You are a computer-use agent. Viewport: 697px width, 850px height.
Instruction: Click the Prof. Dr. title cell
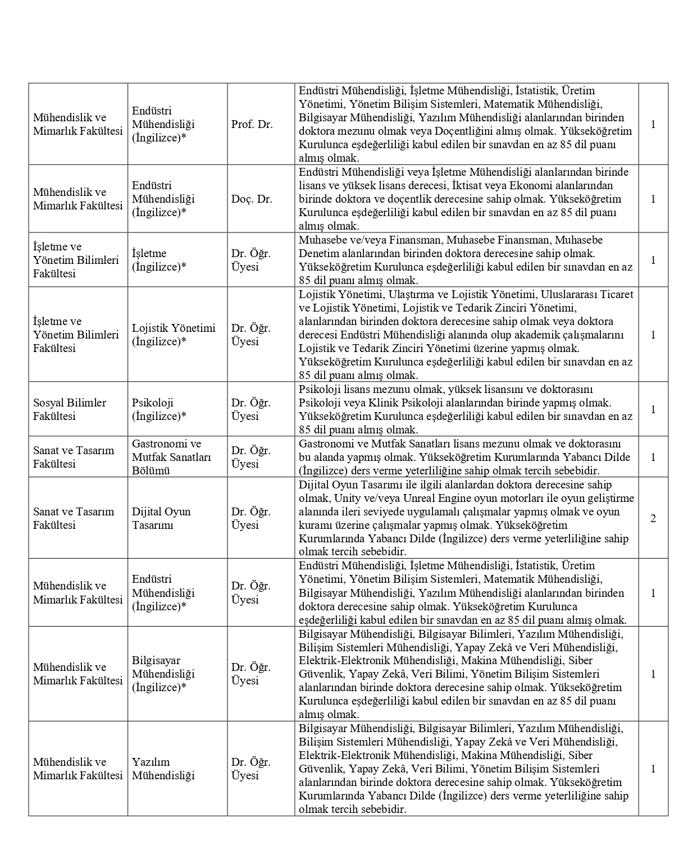pyautogui.click(x=252, y=124)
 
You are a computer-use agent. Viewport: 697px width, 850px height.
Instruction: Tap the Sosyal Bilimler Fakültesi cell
pyautogui.click(x=70, y=409)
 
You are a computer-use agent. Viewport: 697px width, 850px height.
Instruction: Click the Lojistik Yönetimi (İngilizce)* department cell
pyautogui.click(x=174, y=335)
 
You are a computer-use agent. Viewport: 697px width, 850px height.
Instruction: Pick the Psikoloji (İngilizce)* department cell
pyautogui.click(x=159, y=409)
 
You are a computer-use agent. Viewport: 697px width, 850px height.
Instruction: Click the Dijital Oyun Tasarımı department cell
pyautogui.click(x=161, y=518)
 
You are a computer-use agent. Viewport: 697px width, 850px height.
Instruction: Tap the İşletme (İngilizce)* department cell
pyautogui.click(x=159, y=260)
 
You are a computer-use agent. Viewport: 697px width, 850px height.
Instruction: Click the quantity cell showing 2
pyautogui.click(x=653, y=518)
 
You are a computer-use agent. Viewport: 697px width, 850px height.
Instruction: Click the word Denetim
pyautogui.click(x=318, y=253)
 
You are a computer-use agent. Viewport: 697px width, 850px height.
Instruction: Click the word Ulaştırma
pyautogui.click(x=407, y=294)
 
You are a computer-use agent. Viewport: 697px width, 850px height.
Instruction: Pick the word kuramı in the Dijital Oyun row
pyautogui.click(x=315, y=525)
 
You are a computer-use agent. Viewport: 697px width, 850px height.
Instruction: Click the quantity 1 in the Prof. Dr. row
pyautogui.click(x=653, y=124)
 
